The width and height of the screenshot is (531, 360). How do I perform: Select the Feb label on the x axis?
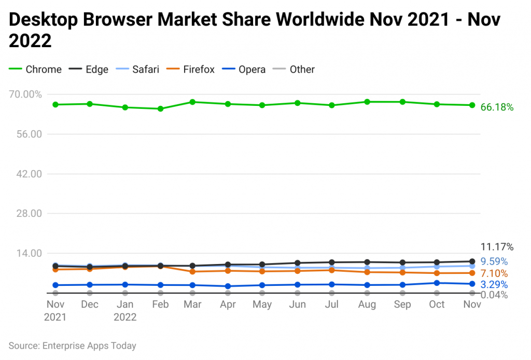[160, 304]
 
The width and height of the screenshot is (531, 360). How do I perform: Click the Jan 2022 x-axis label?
[125, 310]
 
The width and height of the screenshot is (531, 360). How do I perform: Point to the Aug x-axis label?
[367, 304]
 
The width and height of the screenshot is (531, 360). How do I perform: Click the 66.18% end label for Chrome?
[497, 107]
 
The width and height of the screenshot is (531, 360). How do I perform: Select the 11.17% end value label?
[497, 246]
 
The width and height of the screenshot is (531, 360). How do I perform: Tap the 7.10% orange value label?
[494, 273]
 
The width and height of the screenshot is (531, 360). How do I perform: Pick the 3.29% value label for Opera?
[494, 284]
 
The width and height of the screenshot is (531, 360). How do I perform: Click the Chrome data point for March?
[192, 102]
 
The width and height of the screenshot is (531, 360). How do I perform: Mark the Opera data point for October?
[437, 283]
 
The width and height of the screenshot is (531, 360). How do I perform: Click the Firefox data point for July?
[332, 270]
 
